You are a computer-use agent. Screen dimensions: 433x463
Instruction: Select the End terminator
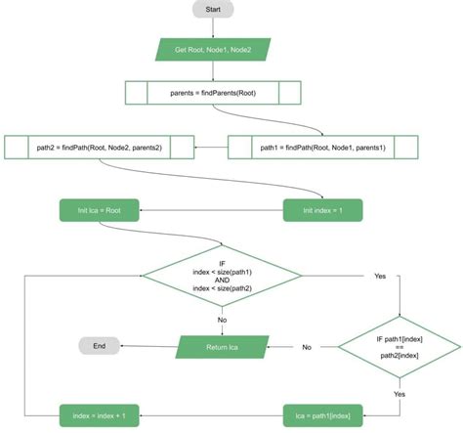(x=99, y=345)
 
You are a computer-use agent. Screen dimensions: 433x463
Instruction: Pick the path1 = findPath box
(x=322, y=148)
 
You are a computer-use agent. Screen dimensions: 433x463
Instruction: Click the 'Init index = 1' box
(x=322, y=209)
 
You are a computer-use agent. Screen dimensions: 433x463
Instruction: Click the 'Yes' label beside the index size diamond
(x=380, y=277)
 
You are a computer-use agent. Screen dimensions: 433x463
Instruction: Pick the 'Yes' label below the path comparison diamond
(x=399, y=393)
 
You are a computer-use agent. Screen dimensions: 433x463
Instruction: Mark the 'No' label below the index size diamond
(x=224, y=319)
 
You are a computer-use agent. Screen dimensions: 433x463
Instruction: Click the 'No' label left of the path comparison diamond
(x=306, y=347)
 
